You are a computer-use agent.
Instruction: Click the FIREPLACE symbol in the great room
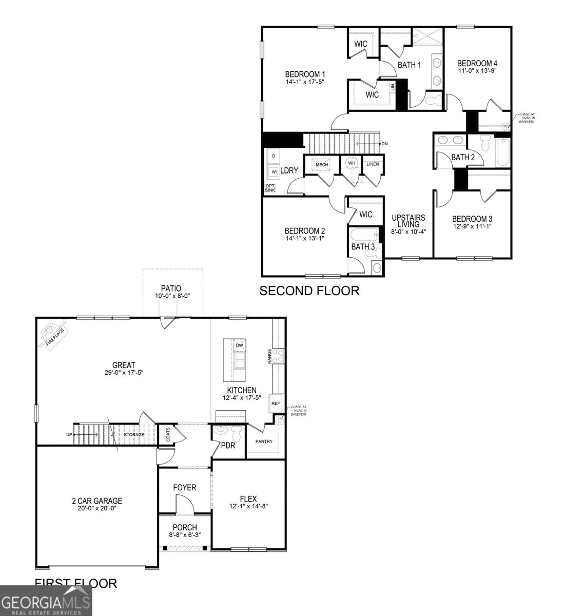click(53, 335)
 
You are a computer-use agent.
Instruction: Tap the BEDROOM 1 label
click(305, 73)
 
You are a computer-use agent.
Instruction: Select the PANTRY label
click(264, 441)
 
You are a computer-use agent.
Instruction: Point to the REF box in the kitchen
click(276, 403)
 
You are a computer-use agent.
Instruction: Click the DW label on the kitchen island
click(239, 345)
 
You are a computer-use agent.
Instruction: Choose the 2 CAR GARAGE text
click(96, 500)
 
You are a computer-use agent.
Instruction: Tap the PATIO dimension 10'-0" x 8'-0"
click(171, 296)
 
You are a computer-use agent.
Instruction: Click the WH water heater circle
click(352, 163)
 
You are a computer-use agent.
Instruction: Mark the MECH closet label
click(322, 164)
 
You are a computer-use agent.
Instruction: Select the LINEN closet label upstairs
click(372, 164)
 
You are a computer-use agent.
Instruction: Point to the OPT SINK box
click(270, 188)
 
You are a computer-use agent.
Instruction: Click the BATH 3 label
click(363, 247)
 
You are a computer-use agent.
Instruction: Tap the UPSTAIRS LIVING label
click(409, 221)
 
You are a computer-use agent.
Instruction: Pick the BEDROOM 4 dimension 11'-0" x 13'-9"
click(477, 71)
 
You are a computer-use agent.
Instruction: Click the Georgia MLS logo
click(46, 600)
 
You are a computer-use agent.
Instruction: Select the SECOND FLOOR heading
click(309, 291)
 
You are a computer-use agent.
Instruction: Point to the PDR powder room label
click(228, 446)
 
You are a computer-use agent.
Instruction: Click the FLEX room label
click(248, 498)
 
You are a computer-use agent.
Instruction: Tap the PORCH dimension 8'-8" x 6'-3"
click(185, 534)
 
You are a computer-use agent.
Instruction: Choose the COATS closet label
click(168, 436)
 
